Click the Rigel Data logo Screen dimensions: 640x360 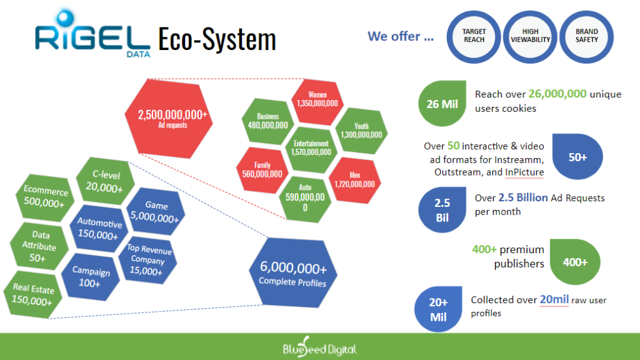click(x=92, y=34)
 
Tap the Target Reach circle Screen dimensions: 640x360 click(x=474, y=37)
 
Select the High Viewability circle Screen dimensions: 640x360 click(x=530, y=37)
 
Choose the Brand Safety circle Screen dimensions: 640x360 click(x=586, y=37)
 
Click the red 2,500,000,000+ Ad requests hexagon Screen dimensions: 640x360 click(x=169, y=118)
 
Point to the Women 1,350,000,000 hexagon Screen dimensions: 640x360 click(x=317, y=102)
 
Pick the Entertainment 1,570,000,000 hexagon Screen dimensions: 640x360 click(x=311, y=149)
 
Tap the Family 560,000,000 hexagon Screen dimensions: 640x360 click(x=262, y=171)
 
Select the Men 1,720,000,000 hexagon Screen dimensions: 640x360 click(x=354, y=181)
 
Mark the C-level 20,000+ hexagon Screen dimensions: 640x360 click(x=105, y=181)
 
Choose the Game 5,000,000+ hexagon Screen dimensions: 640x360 click(x=156, y=211)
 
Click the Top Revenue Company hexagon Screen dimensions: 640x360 click(x=147, y=259)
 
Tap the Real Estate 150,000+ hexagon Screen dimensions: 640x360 click(x=32, y=294)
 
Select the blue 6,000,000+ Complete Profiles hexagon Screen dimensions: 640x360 click(x=293, y=272)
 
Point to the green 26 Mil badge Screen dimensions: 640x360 click(x=442, y=104)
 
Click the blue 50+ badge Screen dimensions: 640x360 click(x=577, y=157)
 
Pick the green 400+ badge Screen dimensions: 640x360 click(x=575, y=262)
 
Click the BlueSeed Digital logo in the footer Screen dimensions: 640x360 click(x=320, y=347)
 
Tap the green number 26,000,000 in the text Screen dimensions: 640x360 click(x=557, y=94)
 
